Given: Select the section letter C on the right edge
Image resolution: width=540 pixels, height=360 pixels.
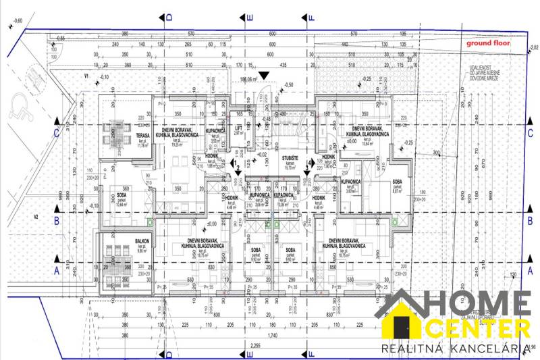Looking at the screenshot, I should (530, 132).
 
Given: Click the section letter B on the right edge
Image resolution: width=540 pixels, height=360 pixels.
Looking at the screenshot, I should (530, 220).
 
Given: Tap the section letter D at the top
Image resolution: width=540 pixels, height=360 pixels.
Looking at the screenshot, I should (169, 16).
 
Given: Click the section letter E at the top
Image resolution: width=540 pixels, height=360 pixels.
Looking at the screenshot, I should (250, 16).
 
